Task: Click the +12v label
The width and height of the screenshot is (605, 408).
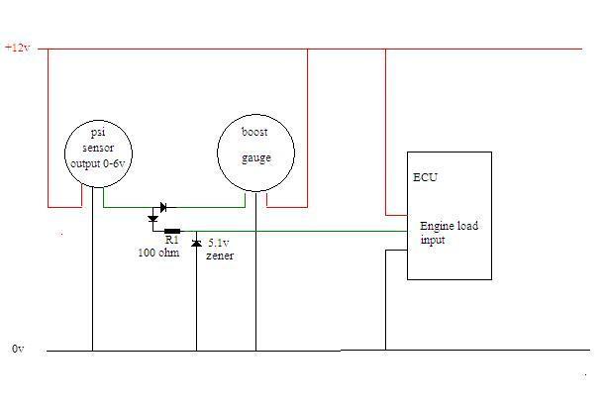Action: [x=19, y=47]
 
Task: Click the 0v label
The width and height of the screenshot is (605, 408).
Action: [x=17, y=350]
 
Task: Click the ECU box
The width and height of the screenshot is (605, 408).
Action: [x=449, y=215]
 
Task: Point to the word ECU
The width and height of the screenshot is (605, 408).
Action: [x=425, y=178]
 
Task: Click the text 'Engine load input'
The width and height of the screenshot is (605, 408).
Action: [x=448, y=233]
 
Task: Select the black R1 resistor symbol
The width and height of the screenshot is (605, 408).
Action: [x=173, y=231]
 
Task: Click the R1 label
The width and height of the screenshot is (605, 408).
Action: [x=170, y=241]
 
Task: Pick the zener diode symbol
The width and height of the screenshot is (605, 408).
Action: [x=196, y=244]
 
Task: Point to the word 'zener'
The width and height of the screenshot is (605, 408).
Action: [x=220, y=255]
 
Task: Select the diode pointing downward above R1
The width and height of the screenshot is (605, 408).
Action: [x=152, y=218]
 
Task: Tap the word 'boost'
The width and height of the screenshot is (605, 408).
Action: [x=254, y=133]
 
